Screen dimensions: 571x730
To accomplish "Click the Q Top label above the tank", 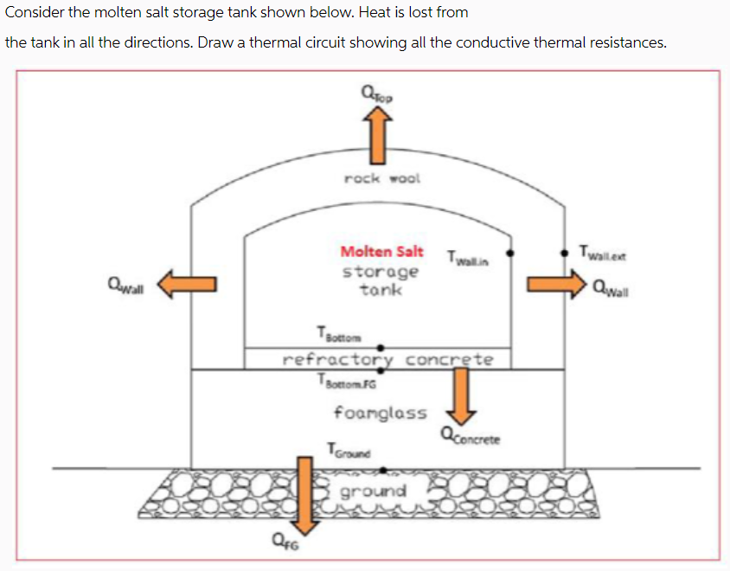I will (378, 93).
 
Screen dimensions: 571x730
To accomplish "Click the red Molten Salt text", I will (381, 252).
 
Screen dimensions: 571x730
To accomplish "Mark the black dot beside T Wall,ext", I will (563, 253).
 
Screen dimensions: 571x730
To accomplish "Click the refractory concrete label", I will (388, 358).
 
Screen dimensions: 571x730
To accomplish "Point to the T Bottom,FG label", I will (347, 381).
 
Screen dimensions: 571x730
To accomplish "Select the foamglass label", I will (380, 413).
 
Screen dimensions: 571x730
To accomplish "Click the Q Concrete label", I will (471, 437).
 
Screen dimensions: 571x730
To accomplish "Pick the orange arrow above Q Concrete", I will (461, 392).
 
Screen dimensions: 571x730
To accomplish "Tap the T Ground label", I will (349, 450).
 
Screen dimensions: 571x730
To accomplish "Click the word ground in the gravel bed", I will (373, 491).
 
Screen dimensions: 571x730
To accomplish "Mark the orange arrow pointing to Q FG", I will (303, 497).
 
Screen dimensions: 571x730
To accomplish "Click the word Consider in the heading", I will (35, 12).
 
